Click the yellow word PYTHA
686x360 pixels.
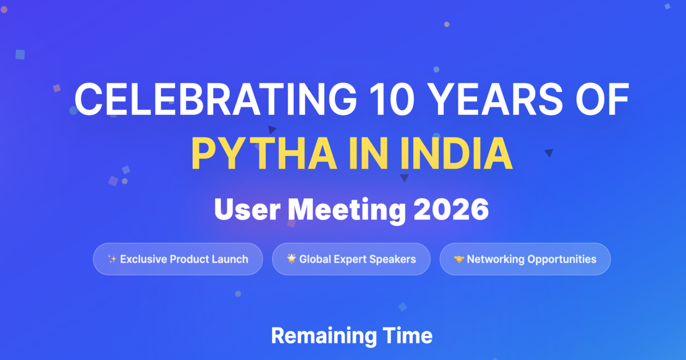tap(262, 153)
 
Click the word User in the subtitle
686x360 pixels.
tap(247, 210)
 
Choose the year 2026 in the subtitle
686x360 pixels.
tap(452, 210)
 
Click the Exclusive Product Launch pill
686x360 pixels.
tap(178, 259)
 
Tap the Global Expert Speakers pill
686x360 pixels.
tap(351, 259)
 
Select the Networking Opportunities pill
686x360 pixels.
tap(525, 259)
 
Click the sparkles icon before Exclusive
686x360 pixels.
tap(112, 259)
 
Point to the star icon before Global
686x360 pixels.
tap(292, 259)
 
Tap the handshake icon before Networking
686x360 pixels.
tap(458, 259)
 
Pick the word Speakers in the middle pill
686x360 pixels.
tap(392, 259)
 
